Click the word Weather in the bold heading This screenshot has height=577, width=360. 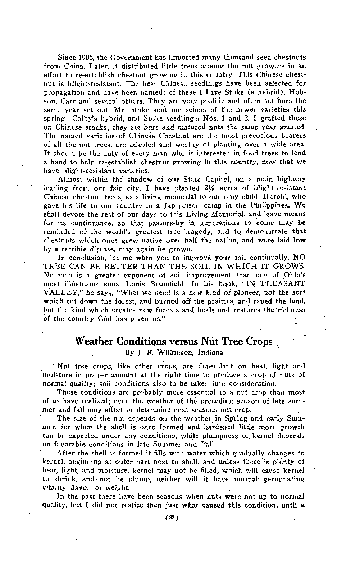(95, 341)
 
